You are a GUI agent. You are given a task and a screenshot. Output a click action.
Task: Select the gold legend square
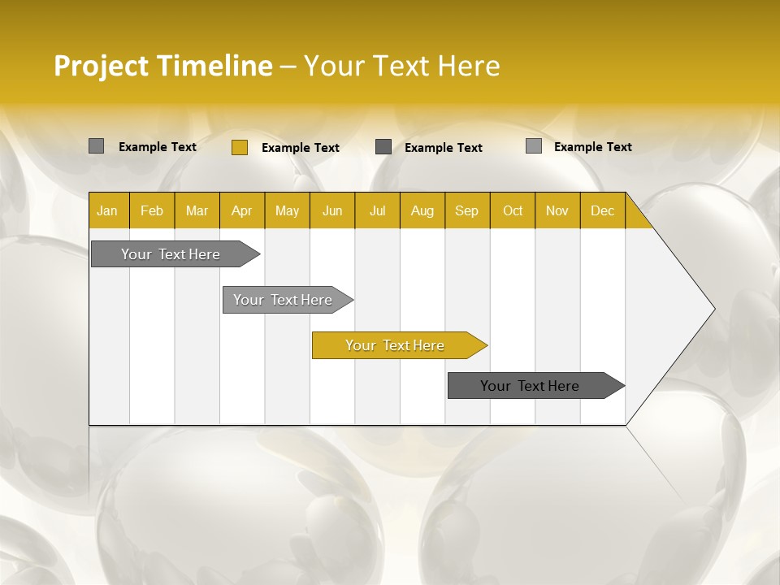click(x=239, y=147)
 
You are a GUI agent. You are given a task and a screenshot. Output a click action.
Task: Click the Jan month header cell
click(x=107, y=210)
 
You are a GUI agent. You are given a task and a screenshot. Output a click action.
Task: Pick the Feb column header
click(x=152, y=210)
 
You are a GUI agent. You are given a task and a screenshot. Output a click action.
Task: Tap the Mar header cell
click(x=197, y=210)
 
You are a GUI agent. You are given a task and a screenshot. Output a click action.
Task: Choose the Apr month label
click(x=242, y=210)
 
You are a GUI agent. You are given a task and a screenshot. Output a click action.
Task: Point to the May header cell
click(x=287, y=210)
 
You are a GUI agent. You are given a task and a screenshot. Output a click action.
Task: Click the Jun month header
click(x=332, y=210)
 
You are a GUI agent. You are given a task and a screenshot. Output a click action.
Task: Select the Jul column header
click(x=377, y=210)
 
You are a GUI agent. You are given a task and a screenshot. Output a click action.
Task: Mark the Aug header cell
click(x=422, y=210)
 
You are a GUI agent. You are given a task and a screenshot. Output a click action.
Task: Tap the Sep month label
click(x=467, y=210)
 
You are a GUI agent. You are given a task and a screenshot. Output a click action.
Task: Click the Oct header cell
click(x=513, y=210)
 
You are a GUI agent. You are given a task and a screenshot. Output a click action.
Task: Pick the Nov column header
click(x=557, y=210)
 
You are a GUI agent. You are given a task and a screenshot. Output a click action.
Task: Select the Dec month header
click(x=603, y=210)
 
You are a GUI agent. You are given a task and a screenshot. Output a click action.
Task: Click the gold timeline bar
click(x=395, y=345)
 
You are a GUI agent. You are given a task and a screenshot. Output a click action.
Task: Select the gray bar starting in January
click(x=171, y=254)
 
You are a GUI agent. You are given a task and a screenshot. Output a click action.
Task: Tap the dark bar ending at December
click(x=530, y=386)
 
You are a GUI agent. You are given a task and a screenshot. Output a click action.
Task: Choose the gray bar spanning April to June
click(x=283, y=300)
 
